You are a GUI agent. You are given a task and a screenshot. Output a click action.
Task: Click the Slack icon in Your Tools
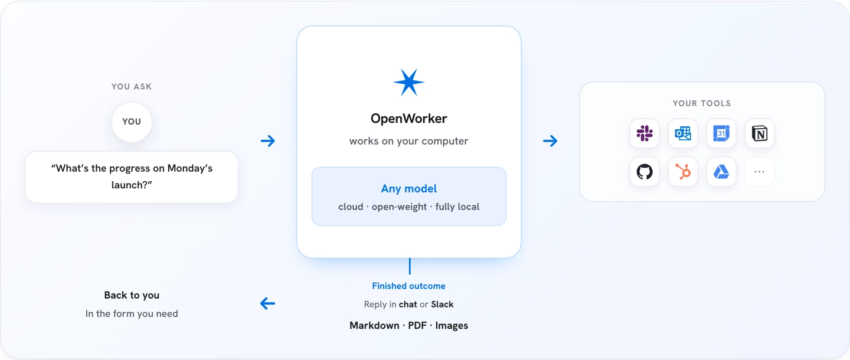click(645, 133)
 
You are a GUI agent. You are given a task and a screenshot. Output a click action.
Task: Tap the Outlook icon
click(682, 133)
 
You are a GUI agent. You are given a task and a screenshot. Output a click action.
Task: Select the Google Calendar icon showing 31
click(721, 133)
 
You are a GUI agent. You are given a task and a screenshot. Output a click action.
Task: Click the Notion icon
click(759, 133)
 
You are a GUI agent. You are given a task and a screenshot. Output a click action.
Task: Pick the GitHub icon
click(645, 172)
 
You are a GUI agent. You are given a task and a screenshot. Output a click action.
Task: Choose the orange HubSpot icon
click(682, 172)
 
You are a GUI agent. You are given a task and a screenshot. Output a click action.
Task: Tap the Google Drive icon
click(721, 172)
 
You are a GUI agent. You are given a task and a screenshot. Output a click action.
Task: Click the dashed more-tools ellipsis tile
click(759, 172)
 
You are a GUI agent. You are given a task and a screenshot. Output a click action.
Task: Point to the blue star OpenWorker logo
click(408, 82)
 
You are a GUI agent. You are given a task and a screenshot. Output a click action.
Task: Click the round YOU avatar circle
click(132, 122)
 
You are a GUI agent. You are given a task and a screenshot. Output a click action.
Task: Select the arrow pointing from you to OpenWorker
click(268, 140)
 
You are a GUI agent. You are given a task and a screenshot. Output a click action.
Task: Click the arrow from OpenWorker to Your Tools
click(550, 140)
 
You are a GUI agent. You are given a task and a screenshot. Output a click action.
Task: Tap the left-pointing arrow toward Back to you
click(267, 303)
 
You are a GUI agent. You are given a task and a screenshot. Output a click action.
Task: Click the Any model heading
click(408, 188)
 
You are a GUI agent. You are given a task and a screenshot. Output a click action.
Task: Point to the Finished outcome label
click(408, 286)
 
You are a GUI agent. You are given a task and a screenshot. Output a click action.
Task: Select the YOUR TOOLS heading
click(702, 103)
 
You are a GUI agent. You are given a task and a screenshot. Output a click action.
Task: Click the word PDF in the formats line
click(417, 326)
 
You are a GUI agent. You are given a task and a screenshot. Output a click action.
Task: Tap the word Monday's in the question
click(189, 168)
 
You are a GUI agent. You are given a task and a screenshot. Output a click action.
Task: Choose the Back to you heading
click(132, 295)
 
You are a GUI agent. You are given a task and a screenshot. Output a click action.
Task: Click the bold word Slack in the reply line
click(442, 305)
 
